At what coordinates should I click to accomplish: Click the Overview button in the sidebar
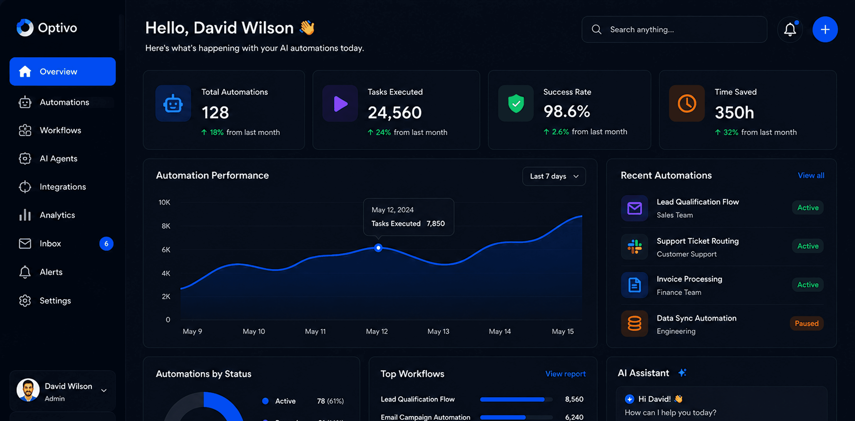tap(62, 71)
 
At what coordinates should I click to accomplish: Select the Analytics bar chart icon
tap(25, 215)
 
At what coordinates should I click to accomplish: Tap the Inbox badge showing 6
tap(106, 244)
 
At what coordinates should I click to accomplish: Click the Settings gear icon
tap(25, 300)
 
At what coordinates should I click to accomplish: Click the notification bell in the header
tap(790, 29)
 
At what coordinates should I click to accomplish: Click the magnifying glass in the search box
tap(596, 29)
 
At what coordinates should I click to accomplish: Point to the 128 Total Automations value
tap(215, 112)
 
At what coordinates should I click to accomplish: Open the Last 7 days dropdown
tap(554, 176)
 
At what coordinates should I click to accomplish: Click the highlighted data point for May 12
tap(378, 248)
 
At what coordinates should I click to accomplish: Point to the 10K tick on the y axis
tap(164, 202)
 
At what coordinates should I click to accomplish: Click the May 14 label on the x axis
tap(499, 331)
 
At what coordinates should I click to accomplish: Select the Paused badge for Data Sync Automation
tap(807, 323)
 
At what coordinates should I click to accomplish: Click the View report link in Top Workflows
tap(565, 374)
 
